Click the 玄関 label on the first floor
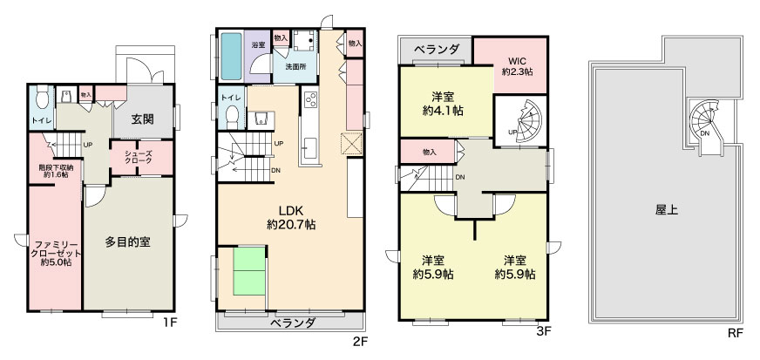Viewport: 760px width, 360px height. click(143, 119)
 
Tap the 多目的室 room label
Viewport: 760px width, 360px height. click(128, 242)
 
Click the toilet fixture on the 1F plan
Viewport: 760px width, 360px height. click(42, 97)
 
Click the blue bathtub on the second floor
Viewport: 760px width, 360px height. click(231, 56)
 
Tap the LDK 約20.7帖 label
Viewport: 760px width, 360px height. click(291, 218)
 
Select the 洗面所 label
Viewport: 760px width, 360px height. click(295, 67)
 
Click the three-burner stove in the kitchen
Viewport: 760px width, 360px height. click(310, 99)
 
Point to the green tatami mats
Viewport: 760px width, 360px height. click(249, 271)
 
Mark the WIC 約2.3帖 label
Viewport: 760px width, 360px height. click(517, 66)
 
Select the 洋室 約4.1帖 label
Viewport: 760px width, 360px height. click(443, 104)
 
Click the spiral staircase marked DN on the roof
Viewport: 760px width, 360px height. click(706, 126)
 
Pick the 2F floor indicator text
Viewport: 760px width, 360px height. click(361, 342)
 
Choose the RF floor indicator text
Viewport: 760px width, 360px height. click(735, 333)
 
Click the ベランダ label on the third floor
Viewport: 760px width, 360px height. click(438, 50)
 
